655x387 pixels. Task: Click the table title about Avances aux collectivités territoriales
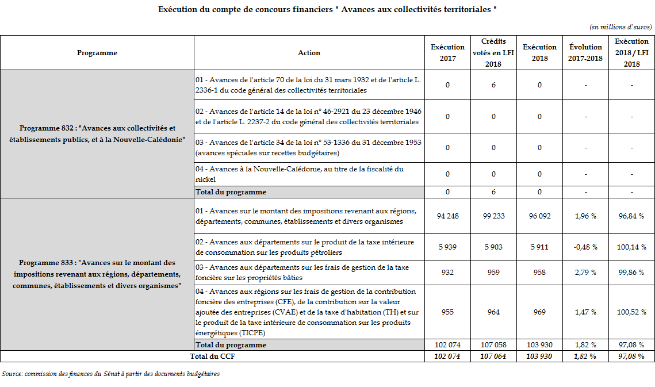327,10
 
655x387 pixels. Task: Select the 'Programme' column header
97,53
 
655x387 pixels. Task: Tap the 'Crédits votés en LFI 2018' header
493,53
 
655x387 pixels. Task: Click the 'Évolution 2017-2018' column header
585,53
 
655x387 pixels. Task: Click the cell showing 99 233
493,216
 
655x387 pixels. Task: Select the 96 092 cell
539,216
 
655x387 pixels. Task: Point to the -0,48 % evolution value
585,247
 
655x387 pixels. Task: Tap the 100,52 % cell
631,312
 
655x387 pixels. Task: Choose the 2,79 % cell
585,273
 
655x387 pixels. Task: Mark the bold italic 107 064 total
493,357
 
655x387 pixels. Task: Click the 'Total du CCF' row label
212,357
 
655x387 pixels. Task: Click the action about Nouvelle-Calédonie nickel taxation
308,174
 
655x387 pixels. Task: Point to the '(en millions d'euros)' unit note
620,27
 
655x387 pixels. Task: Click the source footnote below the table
110,374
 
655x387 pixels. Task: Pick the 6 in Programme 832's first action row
493,85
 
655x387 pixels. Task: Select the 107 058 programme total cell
493,345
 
